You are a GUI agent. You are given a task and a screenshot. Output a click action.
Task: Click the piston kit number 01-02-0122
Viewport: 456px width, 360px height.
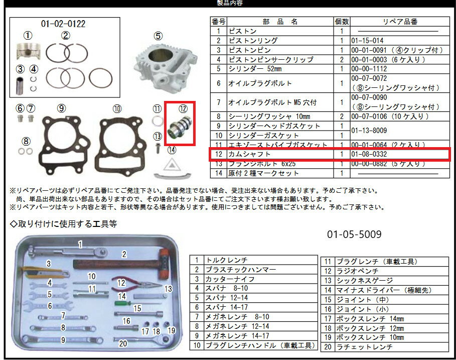pos(63,24)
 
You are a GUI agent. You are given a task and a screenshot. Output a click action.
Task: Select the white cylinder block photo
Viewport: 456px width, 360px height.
pos(165,66)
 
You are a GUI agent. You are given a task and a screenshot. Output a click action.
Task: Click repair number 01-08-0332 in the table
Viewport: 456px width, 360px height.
pos(369,154)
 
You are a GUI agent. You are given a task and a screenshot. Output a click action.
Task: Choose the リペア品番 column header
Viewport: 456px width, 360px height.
pos(400,22)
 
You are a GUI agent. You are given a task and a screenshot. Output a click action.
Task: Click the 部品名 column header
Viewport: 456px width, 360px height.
pos(280,22)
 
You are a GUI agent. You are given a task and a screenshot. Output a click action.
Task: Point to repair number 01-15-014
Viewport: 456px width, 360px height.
pos(367,41)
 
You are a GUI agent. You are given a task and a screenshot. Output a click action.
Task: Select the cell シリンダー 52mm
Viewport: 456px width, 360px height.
pos(255,69)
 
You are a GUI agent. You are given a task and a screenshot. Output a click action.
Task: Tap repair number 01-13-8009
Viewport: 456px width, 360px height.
pos(369,131)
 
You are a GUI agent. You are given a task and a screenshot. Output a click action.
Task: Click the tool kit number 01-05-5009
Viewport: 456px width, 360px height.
pos(354,234)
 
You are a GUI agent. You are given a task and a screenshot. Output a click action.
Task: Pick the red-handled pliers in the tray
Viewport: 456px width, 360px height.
pos(135,284)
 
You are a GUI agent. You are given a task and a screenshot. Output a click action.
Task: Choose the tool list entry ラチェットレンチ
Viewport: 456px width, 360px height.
pos(364,347)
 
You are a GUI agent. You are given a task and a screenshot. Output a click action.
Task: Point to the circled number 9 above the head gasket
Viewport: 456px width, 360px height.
pos(61,108)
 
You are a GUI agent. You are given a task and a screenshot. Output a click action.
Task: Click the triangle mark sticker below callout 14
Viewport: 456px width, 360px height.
pos(172,166)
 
